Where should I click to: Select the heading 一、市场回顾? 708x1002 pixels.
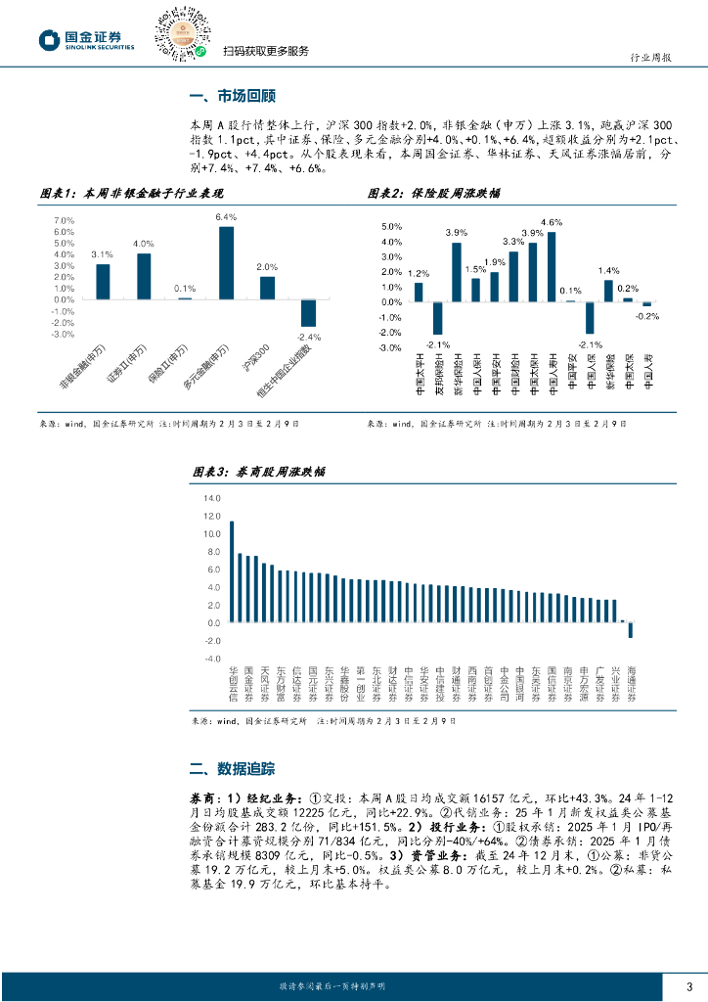click(x=231, y=97)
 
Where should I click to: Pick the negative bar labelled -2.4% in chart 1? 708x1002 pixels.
click(x=308, y=313)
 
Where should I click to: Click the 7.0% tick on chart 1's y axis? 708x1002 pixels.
click(x=64, y=220)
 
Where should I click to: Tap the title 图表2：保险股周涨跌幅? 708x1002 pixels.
click(x=434, y=194)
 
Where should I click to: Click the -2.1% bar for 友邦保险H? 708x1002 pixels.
click(x=437, y=318)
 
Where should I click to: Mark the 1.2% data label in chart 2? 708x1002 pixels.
click(x=419, y=273)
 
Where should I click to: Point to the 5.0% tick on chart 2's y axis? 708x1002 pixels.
click(x=390, y=227)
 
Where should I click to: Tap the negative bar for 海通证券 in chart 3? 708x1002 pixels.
click(x=631, y=630)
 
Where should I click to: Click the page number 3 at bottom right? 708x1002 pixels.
click(x=689, y=985)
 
